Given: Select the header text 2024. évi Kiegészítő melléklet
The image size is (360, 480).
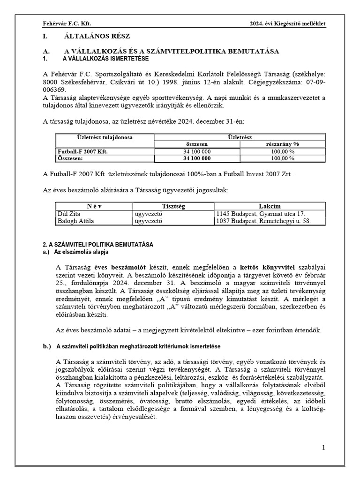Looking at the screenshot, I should pos(287,23).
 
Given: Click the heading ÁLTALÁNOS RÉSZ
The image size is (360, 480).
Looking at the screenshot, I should pos(97,37).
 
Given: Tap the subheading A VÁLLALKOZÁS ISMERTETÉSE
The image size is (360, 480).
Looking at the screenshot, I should pos(105,59).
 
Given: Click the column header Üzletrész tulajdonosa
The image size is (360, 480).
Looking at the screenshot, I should pos(105,138).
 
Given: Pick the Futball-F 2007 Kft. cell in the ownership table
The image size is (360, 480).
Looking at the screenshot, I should pos(82,152).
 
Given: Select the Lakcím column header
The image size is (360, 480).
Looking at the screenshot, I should pos(270,206).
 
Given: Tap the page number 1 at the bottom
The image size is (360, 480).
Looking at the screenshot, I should pos(323,448).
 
